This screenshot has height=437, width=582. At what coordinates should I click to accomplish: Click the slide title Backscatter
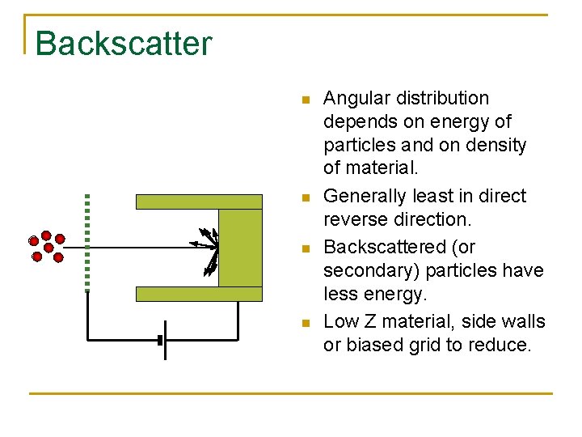coord(124,43)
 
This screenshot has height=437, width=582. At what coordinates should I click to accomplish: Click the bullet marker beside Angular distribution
coord(304,100)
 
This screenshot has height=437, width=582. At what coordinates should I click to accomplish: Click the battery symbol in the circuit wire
coord(162,341)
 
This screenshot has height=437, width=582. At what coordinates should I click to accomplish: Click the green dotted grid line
coord(86,241)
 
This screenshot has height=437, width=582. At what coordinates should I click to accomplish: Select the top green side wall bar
coord(199,202)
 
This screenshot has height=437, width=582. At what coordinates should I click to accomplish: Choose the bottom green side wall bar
coord(199,294)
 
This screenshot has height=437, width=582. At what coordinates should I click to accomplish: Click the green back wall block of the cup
coord(240,248)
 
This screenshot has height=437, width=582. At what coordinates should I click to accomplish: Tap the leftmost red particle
coord(33,240)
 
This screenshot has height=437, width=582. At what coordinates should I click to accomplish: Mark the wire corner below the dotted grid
coord(87,340)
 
